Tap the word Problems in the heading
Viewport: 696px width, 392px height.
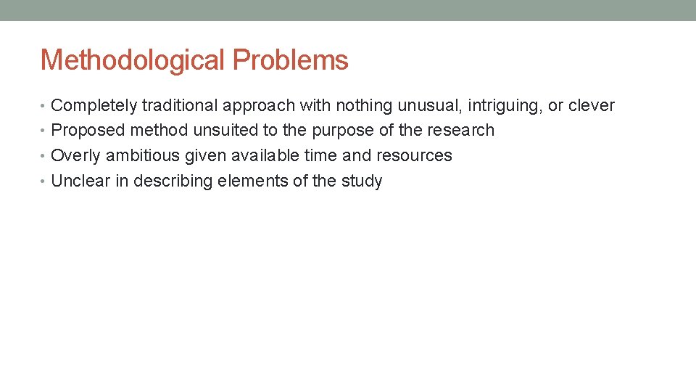point(290,60)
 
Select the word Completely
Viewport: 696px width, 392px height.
point(94,106)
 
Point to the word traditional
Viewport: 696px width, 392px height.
point(180,106)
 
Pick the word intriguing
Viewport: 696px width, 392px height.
point(505,106)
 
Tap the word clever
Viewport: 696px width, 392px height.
point(591,106)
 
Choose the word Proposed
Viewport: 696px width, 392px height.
point(88,131)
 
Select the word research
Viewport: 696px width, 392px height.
point(461,131)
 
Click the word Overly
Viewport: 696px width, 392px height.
point(76,155)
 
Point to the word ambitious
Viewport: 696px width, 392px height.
point(138,155)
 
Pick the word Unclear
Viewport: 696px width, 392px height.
point(80,181)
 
